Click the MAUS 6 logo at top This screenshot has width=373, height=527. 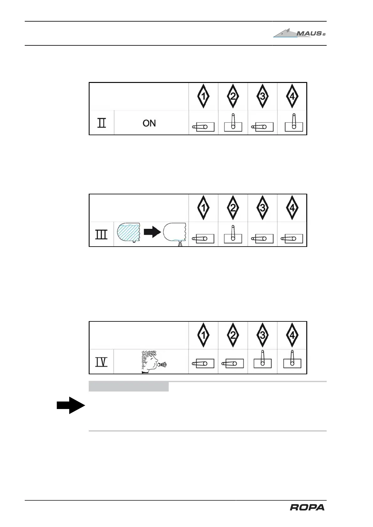pos(299,33)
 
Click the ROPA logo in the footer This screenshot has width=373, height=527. pos(307,507)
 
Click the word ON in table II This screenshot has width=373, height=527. pos(149,123)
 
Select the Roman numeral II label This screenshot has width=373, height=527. pos(101,123)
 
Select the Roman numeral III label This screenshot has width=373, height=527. pos(101,234)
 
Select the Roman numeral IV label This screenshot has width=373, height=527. pos(101,362)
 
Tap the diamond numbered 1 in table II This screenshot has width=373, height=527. pos(203,96)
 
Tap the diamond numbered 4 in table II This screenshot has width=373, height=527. pos(292,96)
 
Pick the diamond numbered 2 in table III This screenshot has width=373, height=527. pos(233,208)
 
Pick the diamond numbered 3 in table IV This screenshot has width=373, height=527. pos(262,335)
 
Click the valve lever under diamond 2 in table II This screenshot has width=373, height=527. pos(233,123)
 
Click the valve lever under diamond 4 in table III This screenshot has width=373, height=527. pos(292,238)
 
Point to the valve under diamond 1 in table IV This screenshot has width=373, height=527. pos(203,363)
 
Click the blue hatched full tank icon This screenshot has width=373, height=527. pos(128,233)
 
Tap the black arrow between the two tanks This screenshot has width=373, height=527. pos(152,232)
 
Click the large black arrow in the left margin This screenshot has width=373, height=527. pos(71,405)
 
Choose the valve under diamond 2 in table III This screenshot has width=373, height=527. pos(233,235)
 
